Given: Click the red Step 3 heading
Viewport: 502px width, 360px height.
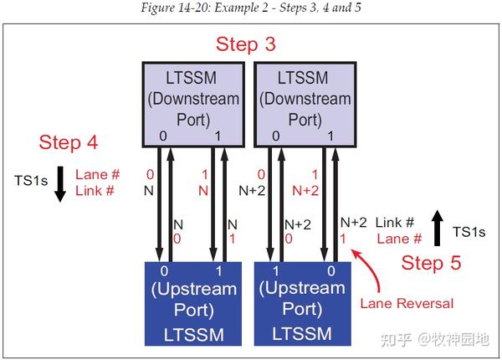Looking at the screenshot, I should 245,44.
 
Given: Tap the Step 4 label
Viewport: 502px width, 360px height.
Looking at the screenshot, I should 69,142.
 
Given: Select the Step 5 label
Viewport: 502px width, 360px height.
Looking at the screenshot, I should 431,263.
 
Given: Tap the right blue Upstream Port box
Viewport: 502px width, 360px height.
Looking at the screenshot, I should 301,302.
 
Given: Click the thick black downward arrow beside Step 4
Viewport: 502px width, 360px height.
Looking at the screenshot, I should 59,184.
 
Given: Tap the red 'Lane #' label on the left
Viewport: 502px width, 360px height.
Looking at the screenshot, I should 97,175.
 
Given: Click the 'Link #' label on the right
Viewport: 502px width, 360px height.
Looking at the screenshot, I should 394,223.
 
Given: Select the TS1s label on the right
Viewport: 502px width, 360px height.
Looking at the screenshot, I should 468,232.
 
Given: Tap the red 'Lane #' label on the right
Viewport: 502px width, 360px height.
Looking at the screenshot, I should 393,239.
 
